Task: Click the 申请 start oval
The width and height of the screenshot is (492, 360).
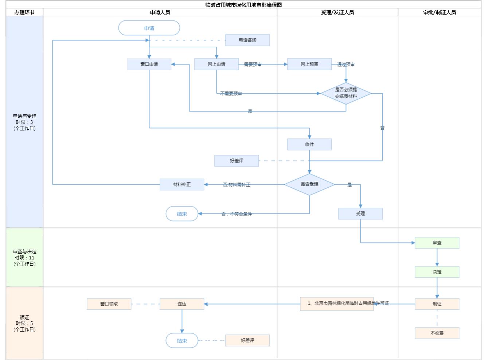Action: pos(149,28)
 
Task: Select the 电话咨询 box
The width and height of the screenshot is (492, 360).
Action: pos(247,40)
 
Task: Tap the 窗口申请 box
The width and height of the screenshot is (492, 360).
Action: pos(149,64)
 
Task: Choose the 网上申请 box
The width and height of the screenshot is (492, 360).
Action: pos(216,64)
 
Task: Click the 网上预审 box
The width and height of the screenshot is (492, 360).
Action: pos(309,64)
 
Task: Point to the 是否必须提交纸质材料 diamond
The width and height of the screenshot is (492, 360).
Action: pos(346,93)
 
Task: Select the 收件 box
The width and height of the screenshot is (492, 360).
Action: pos(309,144)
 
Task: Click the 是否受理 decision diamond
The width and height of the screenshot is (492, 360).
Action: pos(309,184)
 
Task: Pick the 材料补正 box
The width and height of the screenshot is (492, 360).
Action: pos(182,184)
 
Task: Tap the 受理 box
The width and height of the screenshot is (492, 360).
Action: pos(360,214)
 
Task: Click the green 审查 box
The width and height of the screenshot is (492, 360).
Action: pos(437,243)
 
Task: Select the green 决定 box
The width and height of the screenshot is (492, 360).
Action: pos(437,272)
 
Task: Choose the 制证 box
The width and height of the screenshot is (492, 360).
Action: pos(437,304)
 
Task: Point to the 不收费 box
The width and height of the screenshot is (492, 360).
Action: pos(437,333)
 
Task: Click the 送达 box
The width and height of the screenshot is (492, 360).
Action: pos(182,304)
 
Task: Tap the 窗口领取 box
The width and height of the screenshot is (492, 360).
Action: pos(109,304)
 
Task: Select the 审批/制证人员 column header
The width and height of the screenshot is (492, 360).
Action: pos(440,12)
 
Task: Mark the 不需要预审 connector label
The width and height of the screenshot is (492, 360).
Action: pos(231,94)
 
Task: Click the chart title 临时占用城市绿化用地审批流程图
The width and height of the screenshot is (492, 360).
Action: pos(243,5)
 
